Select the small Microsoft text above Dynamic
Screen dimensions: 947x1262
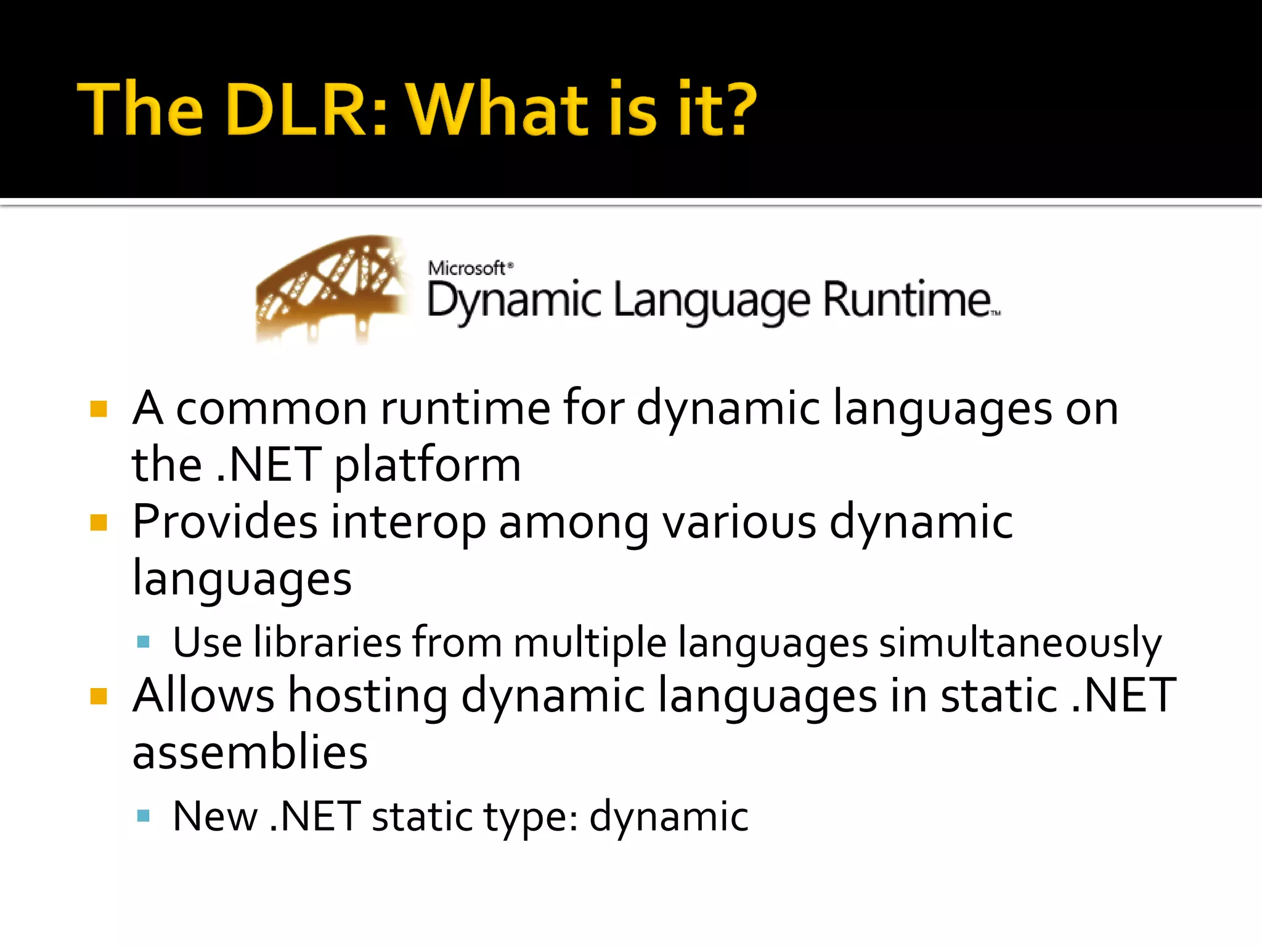point(466,268)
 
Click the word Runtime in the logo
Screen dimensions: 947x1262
point(907,300)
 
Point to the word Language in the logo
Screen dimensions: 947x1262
point(712,302)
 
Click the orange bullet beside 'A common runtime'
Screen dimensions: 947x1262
point(99,409)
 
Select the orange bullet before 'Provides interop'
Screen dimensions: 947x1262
point(99,523)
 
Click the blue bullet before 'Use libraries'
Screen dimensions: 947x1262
point(144,642)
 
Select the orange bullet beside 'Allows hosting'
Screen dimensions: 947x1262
point(99,697)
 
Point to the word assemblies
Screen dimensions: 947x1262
point(250,753)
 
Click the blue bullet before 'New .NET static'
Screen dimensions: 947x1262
point(144,816)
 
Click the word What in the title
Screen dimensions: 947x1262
point(499,109)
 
